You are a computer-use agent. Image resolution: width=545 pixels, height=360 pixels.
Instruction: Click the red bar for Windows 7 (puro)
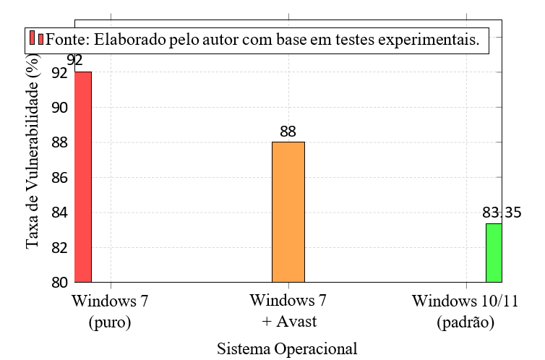(x=83, y=177)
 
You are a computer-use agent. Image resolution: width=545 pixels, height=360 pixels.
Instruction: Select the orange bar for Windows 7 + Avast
(x=288, y=212)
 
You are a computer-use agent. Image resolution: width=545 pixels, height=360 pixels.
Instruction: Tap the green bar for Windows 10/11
(x=494, y=253)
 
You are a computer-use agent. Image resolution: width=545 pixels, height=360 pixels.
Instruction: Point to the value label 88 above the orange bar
(x=288, y=132)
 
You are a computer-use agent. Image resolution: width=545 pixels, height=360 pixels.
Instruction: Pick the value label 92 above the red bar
(x=74, y=60)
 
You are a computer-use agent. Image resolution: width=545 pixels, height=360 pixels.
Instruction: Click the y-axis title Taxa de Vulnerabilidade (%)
(x=33, y=155)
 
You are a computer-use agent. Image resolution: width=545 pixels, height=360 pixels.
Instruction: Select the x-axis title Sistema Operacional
(x=287, y=348)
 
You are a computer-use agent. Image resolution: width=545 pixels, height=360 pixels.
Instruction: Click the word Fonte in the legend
(x=65, y=39)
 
